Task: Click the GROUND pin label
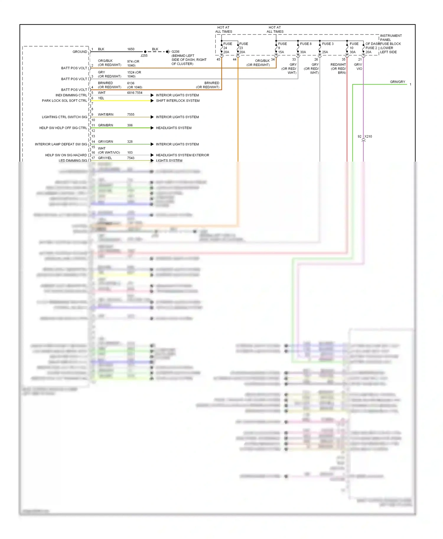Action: click(x=80, y=52)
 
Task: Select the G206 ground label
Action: click(x=175, y=52)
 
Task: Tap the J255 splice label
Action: click(x=144, y=56)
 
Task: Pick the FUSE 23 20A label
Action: click(x=243, y=48)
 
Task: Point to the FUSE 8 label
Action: click(x=305, y=44)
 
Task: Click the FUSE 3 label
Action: click(x=328, y=44)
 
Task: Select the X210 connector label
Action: click(x=368, y=137)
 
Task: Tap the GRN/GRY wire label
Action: click(x=398, y=82)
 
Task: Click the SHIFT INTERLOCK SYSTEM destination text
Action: click(x=177, y=101)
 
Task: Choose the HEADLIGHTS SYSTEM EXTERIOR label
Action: click(x=182, y=155)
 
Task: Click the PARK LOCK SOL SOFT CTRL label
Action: click(x=64, y=101)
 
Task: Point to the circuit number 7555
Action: click(x=131, y=114)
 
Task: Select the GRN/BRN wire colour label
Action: click(x=105, y=125)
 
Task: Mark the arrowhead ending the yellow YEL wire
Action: click(x=152, y=101)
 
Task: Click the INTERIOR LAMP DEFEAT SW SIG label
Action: click(x=61, y=144)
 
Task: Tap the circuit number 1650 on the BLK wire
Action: click(x=131, y=49)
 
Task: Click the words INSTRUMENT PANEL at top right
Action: click(x=390, y=37)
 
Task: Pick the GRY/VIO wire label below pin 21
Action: click(x=358, y=67)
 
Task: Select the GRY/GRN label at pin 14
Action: click(x=105, y=142)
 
